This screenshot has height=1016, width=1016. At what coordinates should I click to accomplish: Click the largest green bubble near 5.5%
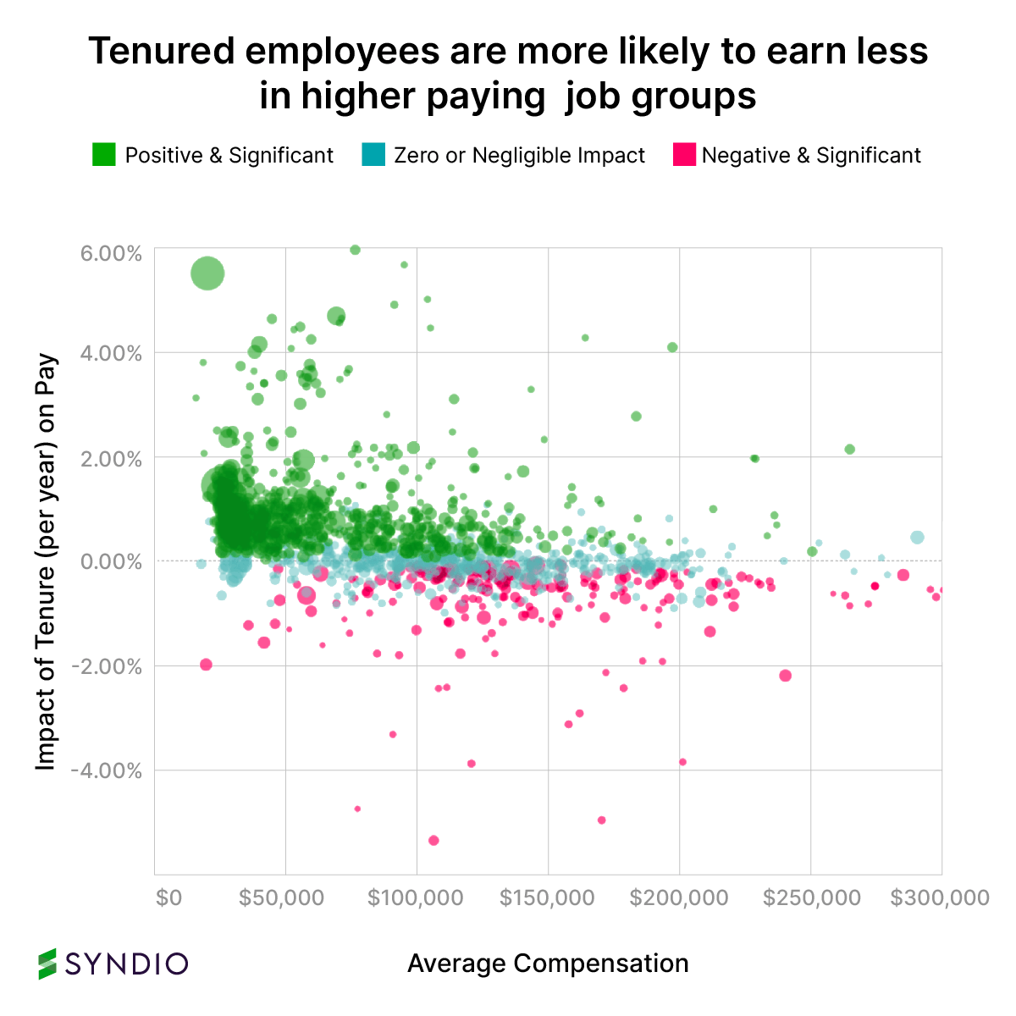[x=207, y=273]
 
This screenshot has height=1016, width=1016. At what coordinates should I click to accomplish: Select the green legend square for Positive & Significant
[x=103, y=155]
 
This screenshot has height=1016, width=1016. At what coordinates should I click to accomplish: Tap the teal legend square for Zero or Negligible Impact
[x=373, y=155]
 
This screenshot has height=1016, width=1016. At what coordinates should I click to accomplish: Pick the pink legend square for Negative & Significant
[x=684, y=155]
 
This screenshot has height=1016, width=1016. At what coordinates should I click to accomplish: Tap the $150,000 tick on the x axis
[x=547, y=897]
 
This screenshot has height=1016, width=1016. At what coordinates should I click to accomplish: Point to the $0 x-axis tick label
[x=168, y=897]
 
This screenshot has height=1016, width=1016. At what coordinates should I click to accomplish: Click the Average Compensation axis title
[x=548, y=964]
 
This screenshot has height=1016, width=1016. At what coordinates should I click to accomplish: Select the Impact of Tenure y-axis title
[x=46, y=561]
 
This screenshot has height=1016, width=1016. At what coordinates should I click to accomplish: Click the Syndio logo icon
[x=48, y=964]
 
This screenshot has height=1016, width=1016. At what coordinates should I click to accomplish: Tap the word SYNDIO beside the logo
[x=127, y=964]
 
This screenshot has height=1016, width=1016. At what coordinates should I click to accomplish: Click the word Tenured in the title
[x=162, y=52]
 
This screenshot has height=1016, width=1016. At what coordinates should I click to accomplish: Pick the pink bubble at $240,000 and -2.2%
[x=785, y=675]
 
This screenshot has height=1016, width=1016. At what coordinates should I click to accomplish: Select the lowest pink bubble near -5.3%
[x=433, y=840]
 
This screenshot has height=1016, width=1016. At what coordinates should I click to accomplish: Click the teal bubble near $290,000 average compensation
[x=917, y=538]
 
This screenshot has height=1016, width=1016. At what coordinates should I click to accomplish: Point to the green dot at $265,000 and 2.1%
[x=850, y=449]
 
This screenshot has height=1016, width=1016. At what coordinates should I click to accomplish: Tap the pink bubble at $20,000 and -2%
[x=206, y=665]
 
